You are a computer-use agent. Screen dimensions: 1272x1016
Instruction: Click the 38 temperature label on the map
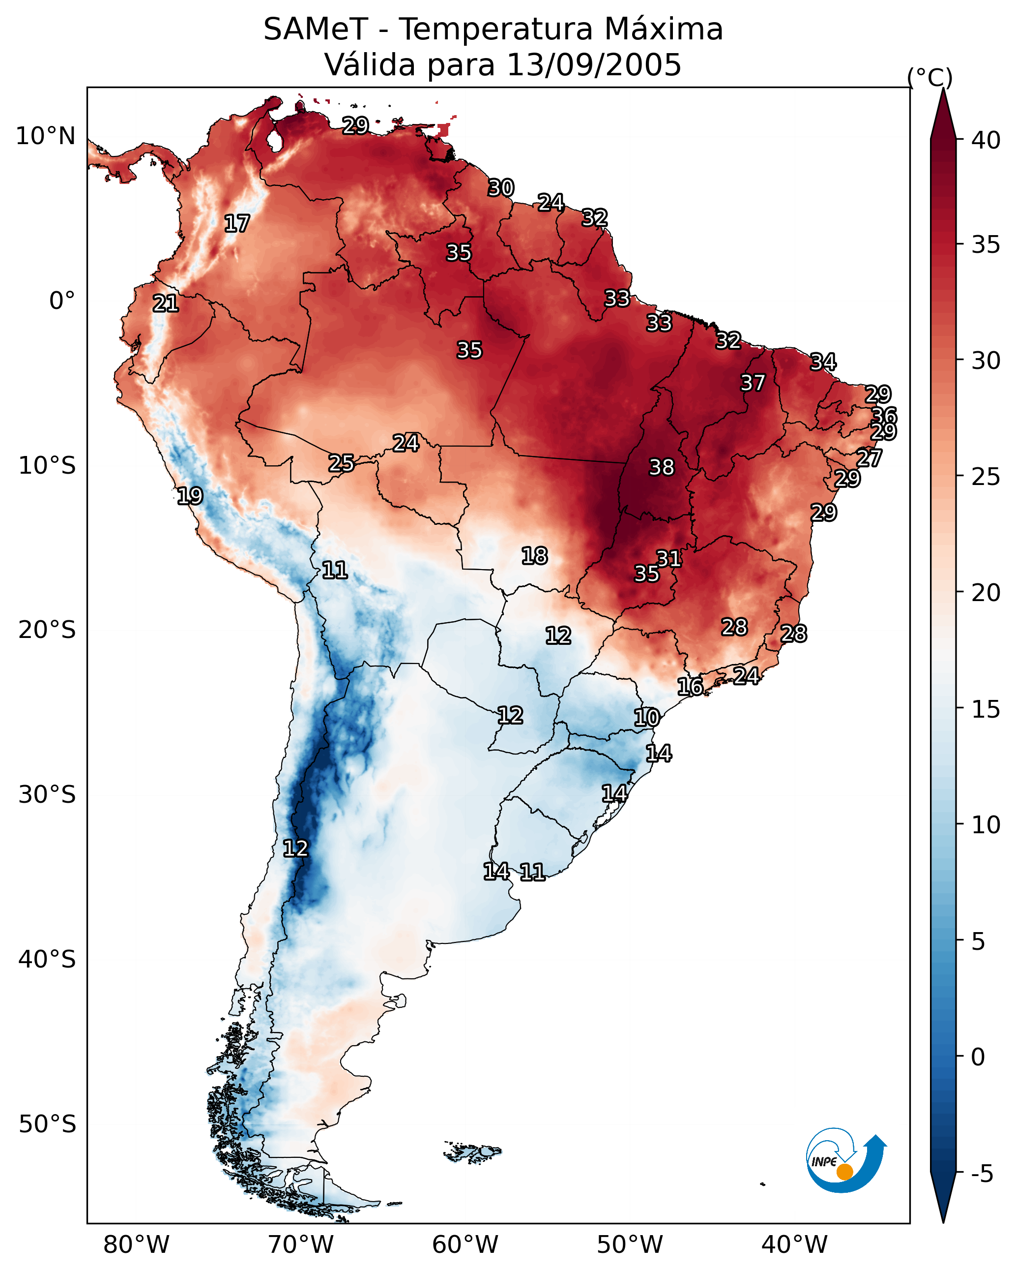point(661,467)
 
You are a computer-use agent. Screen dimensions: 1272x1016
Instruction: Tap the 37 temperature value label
point(753,383)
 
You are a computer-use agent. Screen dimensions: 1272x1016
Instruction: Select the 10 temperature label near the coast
point(646,718)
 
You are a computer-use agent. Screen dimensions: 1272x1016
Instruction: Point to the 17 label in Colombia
point(236,224)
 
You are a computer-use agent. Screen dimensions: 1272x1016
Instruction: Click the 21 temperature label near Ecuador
point(165,303)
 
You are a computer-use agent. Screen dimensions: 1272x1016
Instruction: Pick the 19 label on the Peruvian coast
point(189,496)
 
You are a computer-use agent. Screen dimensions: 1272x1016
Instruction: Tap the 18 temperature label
point(534,556)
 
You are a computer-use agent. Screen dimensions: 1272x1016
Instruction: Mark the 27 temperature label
point(869,458)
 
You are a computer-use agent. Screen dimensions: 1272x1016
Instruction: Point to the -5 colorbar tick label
point(982,1174)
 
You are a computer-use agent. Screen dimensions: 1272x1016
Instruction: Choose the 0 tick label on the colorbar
point(978,1057)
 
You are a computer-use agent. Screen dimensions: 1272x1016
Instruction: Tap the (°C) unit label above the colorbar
point(930,77)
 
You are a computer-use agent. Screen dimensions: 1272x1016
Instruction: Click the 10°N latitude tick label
point(45,136)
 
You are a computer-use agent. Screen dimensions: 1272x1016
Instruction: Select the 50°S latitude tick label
point(47,1124)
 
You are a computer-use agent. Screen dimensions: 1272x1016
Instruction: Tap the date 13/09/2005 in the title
point(593,65)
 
